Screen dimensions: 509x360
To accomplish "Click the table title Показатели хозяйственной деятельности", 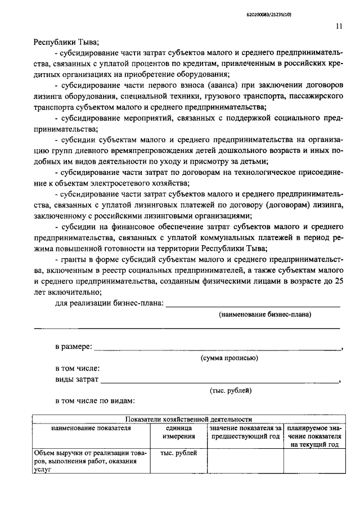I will (x=189, y=419).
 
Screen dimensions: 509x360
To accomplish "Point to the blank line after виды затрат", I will (x=219, y=381).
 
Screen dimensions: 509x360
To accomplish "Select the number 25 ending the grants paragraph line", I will (x=335, y=280).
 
